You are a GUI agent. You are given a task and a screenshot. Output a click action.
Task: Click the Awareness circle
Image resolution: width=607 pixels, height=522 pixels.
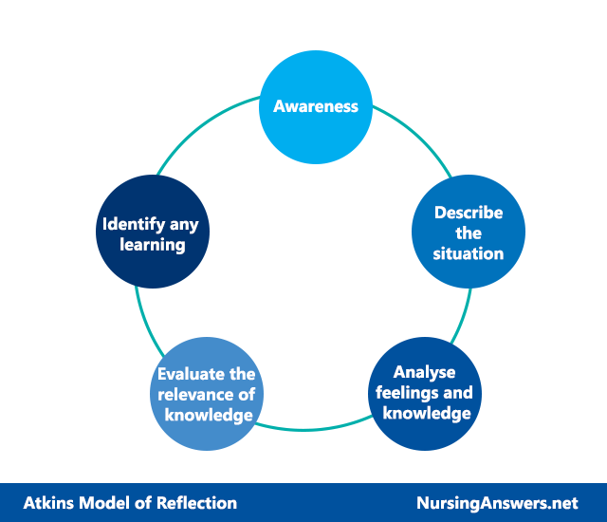[x=316, y=107]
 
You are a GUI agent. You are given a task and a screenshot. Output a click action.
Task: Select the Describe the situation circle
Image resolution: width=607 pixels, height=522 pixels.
[x=469, y=232]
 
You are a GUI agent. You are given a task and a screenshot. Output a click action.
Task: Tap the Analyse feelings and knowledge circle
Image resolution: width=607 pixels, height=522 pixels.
[x=425, y=394]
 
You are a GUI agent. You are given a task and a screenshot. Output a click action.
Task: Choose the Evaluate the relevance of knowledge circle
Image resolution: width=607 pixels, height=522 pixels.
[x=207, y=394]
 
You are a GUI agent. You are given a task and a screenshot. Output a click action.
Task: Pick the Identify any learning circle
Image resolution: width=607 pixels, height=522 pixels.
[x=153, y=232]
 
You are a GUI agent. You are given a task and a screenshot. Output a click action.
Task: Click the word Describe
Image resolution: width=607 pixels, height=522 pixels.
[x=469, y=213]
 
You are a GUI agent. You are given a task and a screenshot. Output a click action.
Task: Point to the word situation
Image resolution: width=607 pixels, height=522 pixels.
[x=469, y=253]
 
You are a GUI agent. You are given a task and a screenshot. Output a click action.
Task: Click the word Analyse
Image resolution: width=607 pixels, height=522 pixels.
[x=424, y=373]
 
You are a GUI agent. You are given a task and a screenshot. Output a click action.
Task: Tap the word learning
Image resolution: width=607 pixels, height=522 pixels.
[x=153, y=245]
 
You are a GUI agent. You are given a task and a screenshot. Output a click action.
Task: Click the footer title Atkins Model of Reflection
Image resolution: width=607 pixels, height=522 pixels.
[x=130, y=503]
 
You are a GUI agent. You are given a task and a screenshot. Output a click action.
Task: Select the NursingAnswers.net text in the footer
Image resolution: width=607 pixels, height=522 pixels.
[x=497, y=503]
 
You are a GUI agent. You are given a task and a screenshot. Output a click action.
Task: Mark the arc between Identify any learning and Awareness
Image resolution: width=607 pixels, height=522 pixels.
[x=203, y=128]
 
